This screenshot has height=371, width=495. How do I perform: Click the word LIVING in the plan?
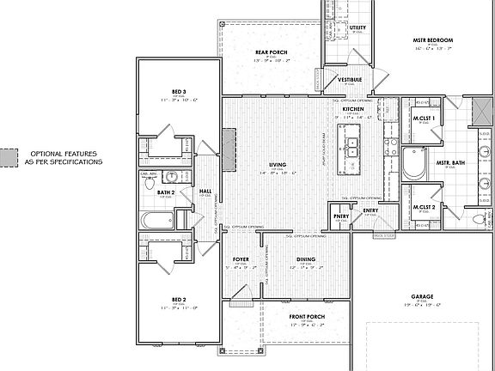pos(278,164)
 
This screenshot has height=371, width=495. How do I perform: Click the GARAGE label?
pos(420,296)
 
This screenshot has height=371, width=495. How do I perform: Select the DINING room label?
pos(306,259)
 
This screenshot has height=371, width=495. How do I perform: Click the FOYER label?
pos(241,259)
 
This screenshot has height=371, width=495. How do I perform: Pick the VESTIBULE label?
pos(349,80)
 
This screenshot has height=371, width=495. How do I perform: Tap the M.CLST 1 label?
pos(423,118)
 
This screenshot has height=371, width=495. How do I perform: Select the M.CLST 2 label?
pos(423,207)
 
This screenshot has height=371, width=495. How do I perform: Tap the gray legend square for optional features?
pos(9,156)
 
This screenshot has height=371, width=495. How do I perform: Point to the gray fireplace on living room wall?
pos(229,143)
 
